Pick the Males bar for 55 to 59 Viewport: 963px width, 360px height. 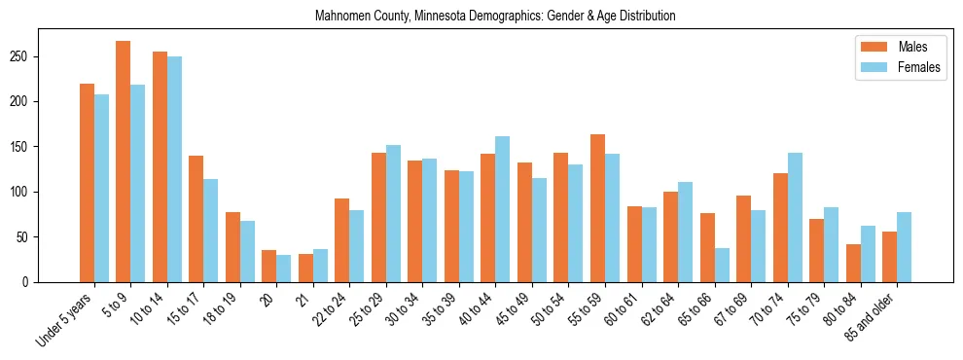[x=597, y=208]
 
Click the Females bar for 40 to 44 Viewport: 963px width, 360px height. [x=503, y=209]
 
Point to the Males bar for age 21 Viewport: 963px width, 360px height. [x=305, y=268]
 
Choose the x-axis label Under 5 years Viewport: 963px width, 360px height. [x=66, y=317]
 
